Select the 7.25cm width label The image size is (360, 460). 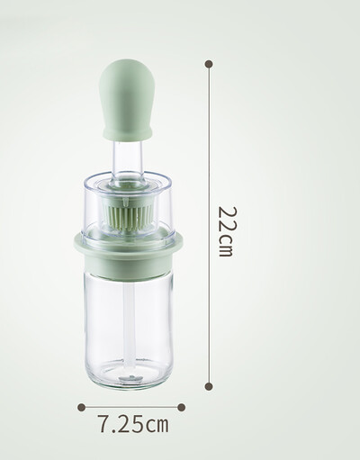pos(133,424)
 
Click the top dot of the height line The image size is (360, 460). pos(209,64)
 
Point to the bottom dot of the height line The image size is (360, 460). pos(209,386)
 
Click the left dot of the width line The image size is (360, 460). pos(81,407)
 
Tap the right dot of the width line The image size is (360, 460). pos(181,407)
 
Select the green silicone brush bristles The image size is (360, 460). pos(127,218)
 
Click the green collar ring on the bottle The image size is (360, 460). pos(128,254)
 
